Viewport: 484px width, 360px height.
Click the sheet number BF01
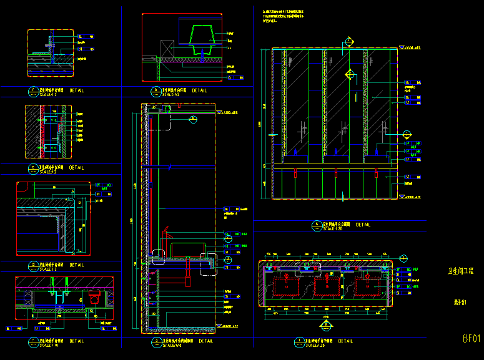pyautogui.click(x=471, y=339)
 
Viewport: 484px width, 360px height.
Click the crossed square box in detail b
pyautogui.click(x=167, y=47)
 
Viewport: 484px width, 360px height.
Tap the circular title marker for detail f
pyautogui.click(x=32, y=90)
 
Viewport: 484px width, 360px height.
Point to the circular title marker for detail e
pyautogui.click(x=32, y=168)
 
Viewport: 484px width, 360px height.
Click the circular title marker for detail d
pyautogui.click(x=32, y=265)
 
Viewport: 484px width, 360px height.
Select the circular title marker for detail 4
pyautogui.click(x=317, y=224)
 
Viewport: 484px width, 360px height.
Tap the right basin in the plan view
pyautogui.click(x=369, y=286)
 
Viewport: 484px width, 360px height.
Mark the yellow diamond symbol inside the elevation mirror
pyautogui.click(x=350, y=75)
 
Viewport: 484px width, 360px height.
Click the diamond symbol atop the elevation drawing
pyautogui.click(x=348, y=41)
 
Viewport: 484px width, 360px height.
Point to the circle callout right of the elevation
pyautogui.click(x=407, y=134)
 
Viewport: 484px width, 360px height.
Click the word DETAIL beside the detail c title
pyautogui.click(x=77, y=168)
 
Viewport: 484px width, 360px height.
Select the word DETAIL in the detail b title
pyautogui.click(x=200, y=90)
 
